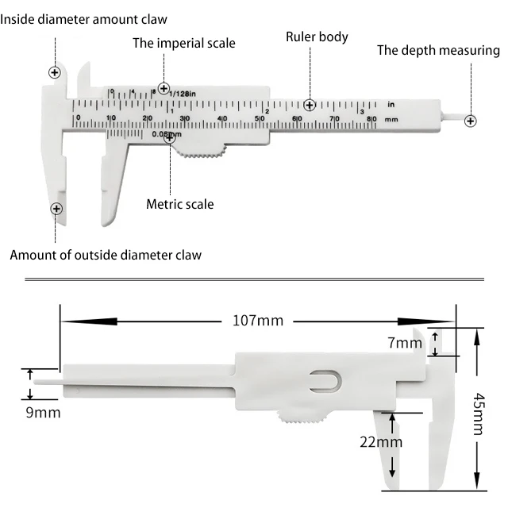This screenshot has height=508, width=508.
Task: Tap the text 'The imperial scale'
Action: pyautogui.click(x=183, y=43)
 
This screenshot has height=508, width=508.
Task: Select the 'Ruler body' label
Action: pyautogui.click(x=317, y=37)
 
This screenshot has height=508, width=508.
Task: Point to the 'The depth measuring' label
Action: pyautogui.click(x=438, y=51)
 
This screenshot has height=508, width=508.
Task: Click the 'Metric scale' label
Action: pyautogui.click(x=179, y=204)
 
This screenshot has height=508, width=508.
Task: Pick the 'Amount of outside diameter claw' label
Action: pyautogui.click(x=106, y=255)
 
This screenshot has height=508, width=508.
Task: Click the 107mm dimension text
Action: pyautogui.click(x=257, y=321)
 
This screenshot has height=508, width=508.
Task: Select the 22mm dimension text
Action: pyautogui.click(x=379, y=442)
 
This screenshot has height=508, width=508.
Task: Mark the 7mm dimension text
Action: pyautogui.click(x=405, y=343)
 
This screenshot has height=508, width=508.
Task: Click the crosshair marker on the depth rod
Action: pyautogui.click(x=471, y=121)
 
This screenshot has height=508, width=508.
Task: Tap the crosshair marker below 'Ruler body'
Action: pyautogui.click(x=310, y=105)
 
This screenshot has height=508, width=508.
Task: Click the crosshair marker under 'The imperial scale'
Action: pyautogui.click(x=164, y=88)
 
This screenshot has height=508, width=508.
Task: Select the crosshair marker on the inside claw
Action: pyautogui.click(x=55, y=72)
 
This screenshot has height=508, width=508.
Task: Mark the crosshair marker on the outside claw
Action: pyautogui.click(x=56, y=209)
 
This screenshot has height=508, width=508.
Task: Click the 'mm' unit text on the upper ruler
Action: pyautogui.click(x=391, y=118)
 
